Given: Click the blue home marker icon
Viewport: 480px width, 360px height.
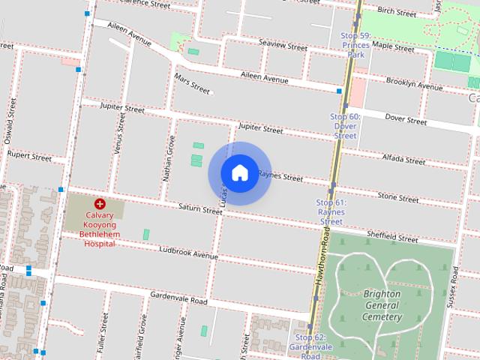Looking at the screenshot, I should tap(239, 172).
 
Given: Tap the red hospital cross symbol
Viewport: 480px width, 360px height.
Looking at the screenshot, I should tap(99, 204).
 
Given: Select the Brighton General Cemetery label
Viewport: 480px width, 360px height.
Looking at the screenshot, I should tap(382, 305).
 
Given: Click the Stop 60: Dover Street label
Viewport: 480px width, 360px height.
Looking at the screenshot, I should tap(345, 126).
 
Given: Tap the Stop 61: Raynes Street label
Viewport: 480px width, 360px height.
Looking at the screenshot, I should tap(331, 212).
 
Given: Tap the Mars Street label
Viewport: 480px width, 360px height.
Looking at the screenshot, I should tap(192, 83).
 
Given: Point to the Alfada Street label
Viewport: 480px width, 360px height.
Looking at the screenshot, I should tap(404, 159).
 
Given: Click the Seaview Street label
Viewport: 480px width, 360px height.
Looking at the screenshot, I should tap(283, 46).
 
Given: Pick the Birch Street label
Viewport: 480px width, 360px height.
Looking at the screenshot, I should tap(397, 13).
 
